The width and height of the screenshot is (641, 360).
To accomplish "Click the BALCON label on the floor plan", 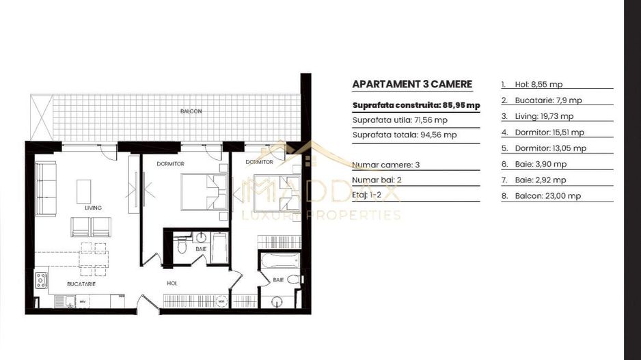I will point(191,111).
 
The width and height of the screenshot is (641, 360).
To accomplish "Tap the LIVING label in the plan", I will point(93,208).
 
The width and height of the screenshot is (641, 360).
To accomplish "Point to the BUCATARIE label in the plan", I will point(81,283).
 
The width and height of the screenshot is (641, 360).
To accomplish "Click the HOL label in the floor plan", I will point(173,282).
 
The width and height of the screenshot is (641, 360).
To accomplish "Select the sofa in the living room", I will point(45,180).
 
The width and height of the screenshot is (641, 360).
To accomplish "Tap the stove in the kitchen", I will point(41,281).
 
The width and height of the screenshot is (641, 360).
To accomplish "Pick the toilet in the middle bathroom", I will point(182,246).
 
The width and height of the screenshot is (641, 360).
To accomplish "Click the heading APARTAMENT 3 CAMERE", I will point(411,84).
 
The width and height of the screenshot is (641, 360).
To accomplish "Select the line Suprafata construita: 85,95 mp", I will point(416,105).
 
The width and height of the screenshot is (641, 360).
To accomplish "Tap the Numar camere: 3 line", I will point(386,165).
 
